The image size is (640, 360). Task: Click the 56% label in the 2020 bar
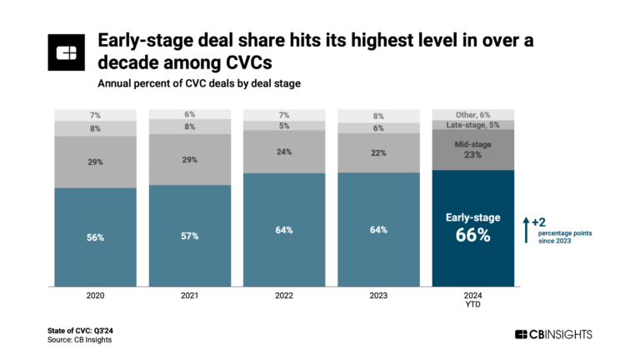tap(95, 237)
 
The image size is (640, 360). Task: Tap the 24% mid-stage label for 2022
tap(284, 152)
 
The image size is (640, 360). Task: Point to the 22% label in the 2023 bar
tap(378, 154)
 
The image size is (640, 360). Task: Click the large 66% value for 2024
tap(472, 236)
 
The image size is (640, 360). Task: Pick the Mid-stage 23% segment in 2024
tap(472, 149)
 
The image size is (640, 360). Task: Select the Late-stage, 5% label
tap(472, 124)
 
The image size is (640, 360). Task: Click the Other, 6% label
tap(472, 113)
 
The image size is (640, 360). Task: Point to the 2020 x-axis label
tap(95, 295)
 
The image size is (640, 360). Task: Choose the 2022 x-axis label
tap(284, 295)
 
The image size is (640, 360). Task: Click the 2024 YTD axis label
tap(472, 299)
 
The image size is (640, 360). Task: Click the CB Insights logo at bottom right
tap(554, 334)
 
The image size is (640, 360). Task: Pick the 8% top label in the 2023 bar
tap(378, 116)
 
